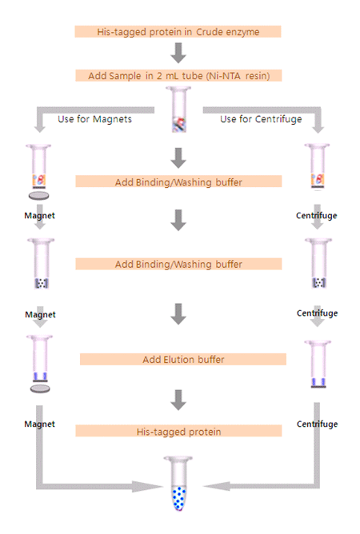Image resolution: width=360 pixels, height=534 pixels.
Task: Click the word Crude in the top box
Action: pyautogui.click(x=208, y=32)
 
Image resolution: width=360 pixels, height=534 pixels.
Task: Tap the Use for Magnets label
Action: pyautogui.click(x=94, y=119)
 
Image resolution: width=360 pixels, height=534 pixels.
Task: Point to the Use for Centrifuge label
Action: pyautogui.click(x=261, y=119)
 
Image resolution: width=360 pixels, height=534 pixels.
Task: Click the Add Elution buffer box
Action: pyautogui.click(x=183, y=359)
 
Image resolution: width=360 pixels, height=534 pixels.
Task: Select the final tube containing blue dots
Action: pyautogui.click(x=178, y=484)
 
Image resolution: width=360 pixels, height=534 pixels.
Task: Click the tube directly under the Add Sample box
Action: pyautogui.click(x=178, y=110)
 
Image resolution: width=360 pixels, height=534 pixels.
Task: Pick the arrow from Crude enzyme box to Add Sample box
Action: pyautogui.click(x=178, y=53)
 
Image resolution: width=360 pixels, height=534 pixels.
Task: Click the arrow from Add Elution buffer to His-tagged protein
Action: pyautogui.click(x=178, y=400)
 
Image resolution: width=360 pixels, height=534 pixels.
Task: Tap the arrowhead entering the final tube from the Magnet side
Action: pyautogui.click(x=148, y=486)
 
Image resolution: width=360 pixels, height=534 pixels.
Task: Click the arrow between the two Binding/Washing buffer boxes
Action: pyautogui.click(x=178, y=220)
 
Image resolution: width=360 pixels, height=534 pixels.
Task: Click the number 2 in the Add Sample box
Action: pyautogui.click(x=159, y=76)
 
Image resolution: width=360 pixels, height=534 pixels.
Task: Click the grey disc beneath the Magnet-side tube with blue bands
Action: pyautogui.click(x=40, y=389)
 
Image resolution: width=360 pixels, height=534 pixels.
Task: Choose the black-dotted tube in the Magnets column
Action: pyautogui.click(x=42, y=264)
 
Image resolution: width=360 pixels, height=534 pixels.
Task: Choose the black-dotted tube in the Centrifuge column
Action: pyautogui.click(x=318, y=264)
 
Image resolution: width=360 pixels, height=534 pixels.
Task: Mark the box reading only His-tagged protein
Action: pyautogui.click(x=178, y=431)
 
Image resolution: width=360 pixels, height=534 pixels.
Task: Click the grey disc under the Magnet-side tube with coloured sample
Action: pyautogui.click(x=38, y=196)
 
